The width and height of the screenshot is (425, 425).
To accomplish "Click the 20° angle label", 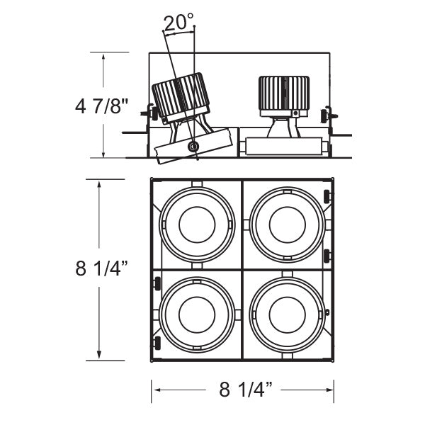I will click(178, 23).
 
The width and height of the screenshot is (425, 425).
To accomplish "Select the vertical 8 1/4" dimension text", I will click(102, 269).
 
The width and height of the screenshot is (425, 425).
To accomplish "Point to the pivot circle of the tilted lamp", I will click(193, 147).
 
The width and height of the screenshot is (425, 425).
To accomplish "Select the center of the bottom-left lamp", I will click(197, 312).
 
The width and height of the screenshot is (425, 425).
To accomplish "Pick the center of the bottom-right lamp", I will click(288, 312).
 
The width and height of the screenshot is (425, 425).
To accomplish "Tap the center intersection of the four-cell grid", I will click(243, 269).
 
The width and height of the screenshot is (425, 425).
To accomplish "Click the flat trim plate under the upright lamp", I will click(283, 147).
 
